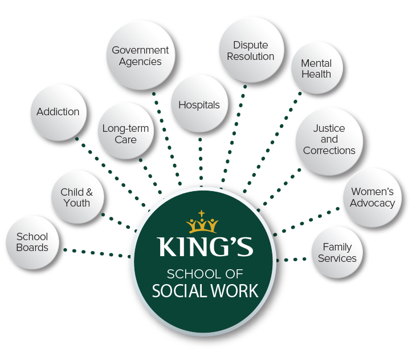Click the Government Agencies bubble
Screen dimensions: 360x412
(140, 56)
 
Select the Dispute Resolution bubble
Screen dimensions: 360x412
(251, 50)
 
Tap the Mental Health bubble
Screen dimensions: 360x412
(316, 68)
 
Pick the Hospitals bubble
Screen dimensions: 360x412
(199, 105)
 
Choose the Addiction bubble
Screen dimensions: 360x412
(58, 112)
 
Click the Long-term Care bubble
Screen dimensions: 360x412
(125, 134)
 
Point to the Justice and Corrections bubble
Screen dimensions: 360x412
(329, 140)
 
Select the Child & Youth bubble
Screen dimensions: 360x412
(76, 197)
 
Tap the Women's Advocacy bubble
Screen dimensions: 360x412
(372, 197)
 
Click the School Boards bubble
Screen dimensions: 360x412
(32, 242)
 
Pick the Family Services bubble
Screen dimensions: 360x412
(337, 253)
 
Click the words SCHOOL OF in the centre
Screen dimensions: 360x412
(205, 273)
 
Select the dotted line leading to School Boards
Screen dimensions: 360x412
(94, 252)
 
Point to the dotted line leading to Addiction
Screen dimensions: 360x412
(108, 168)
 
